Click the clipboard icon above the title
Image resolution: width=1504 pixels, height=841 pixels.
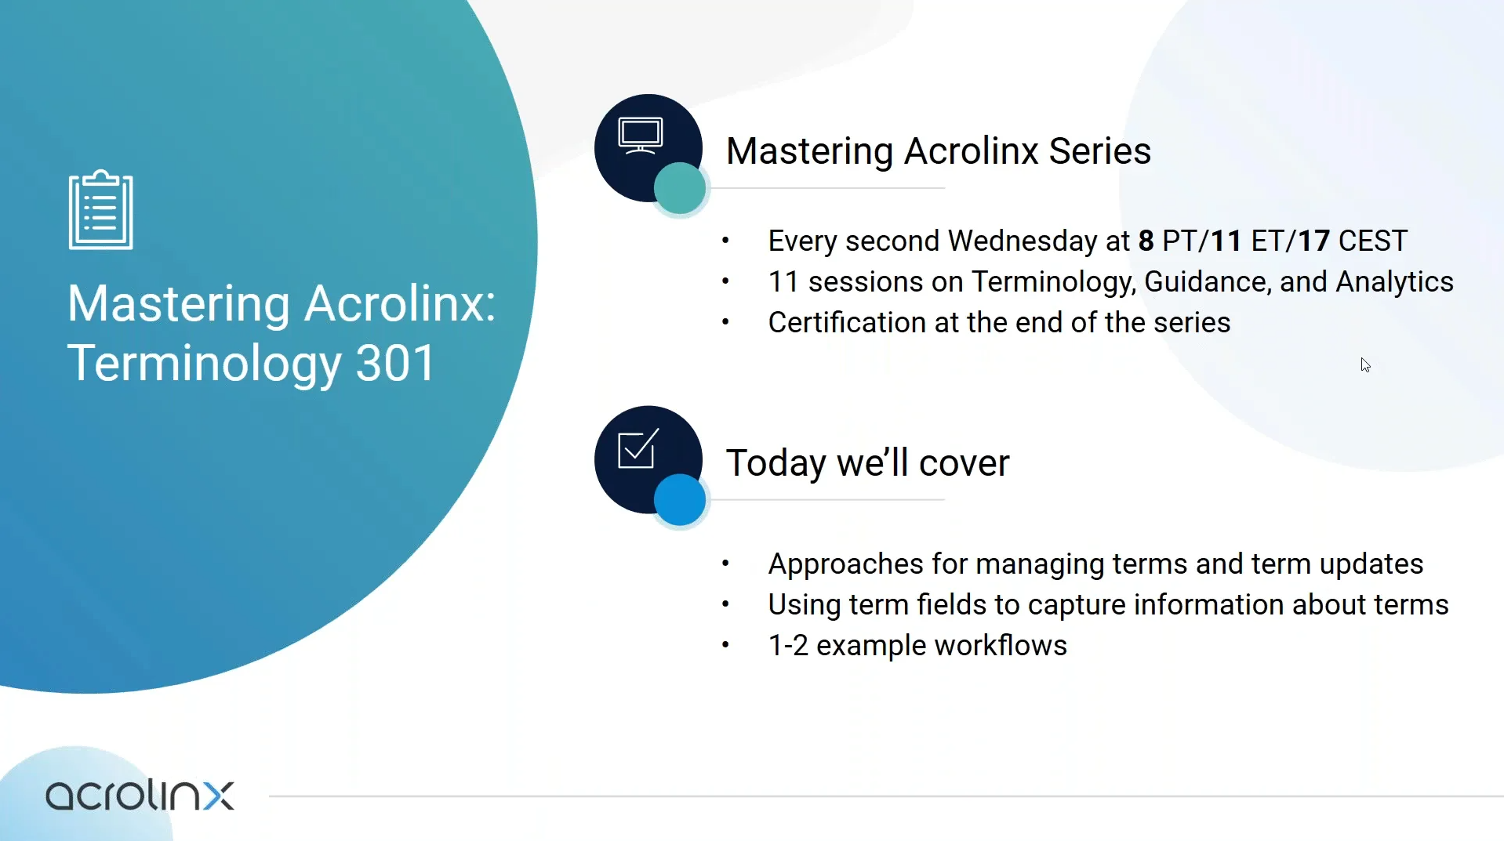tap(101, 210)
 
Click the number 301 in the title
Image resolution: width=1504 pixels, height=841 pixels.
tap(395, 364)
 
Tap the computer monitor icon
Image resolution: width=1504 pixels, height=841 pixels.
tap(640, 136)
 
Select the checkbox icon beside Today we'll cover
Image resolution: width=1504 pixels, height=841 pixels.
tap(638, 449)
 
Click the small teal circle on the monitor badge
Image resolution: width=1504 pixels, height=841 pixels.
tap(680, 188)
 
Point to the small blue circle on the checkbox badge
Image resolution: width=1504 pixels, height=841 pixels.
tap(680, 499)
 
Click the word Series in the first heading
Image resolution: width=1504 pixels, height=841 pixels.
tap(1099, 150)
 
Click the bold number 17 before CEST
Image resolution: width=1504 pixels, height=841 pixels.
tap(1314, 241)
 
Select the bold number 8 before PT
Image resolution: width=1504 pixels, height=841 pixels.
tap(1146, 241)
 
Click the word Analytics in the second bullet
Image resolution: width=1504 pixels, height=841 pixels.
tap(1394, 282)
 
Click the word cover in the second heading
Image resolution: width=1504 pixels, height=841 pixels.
tap(964, 463)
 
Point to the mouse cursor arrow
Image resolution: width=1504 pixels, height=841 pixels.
tap(1365, 365)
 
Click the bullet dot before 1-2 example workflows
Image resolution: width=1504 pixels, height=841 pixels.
tap(725, 645)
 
